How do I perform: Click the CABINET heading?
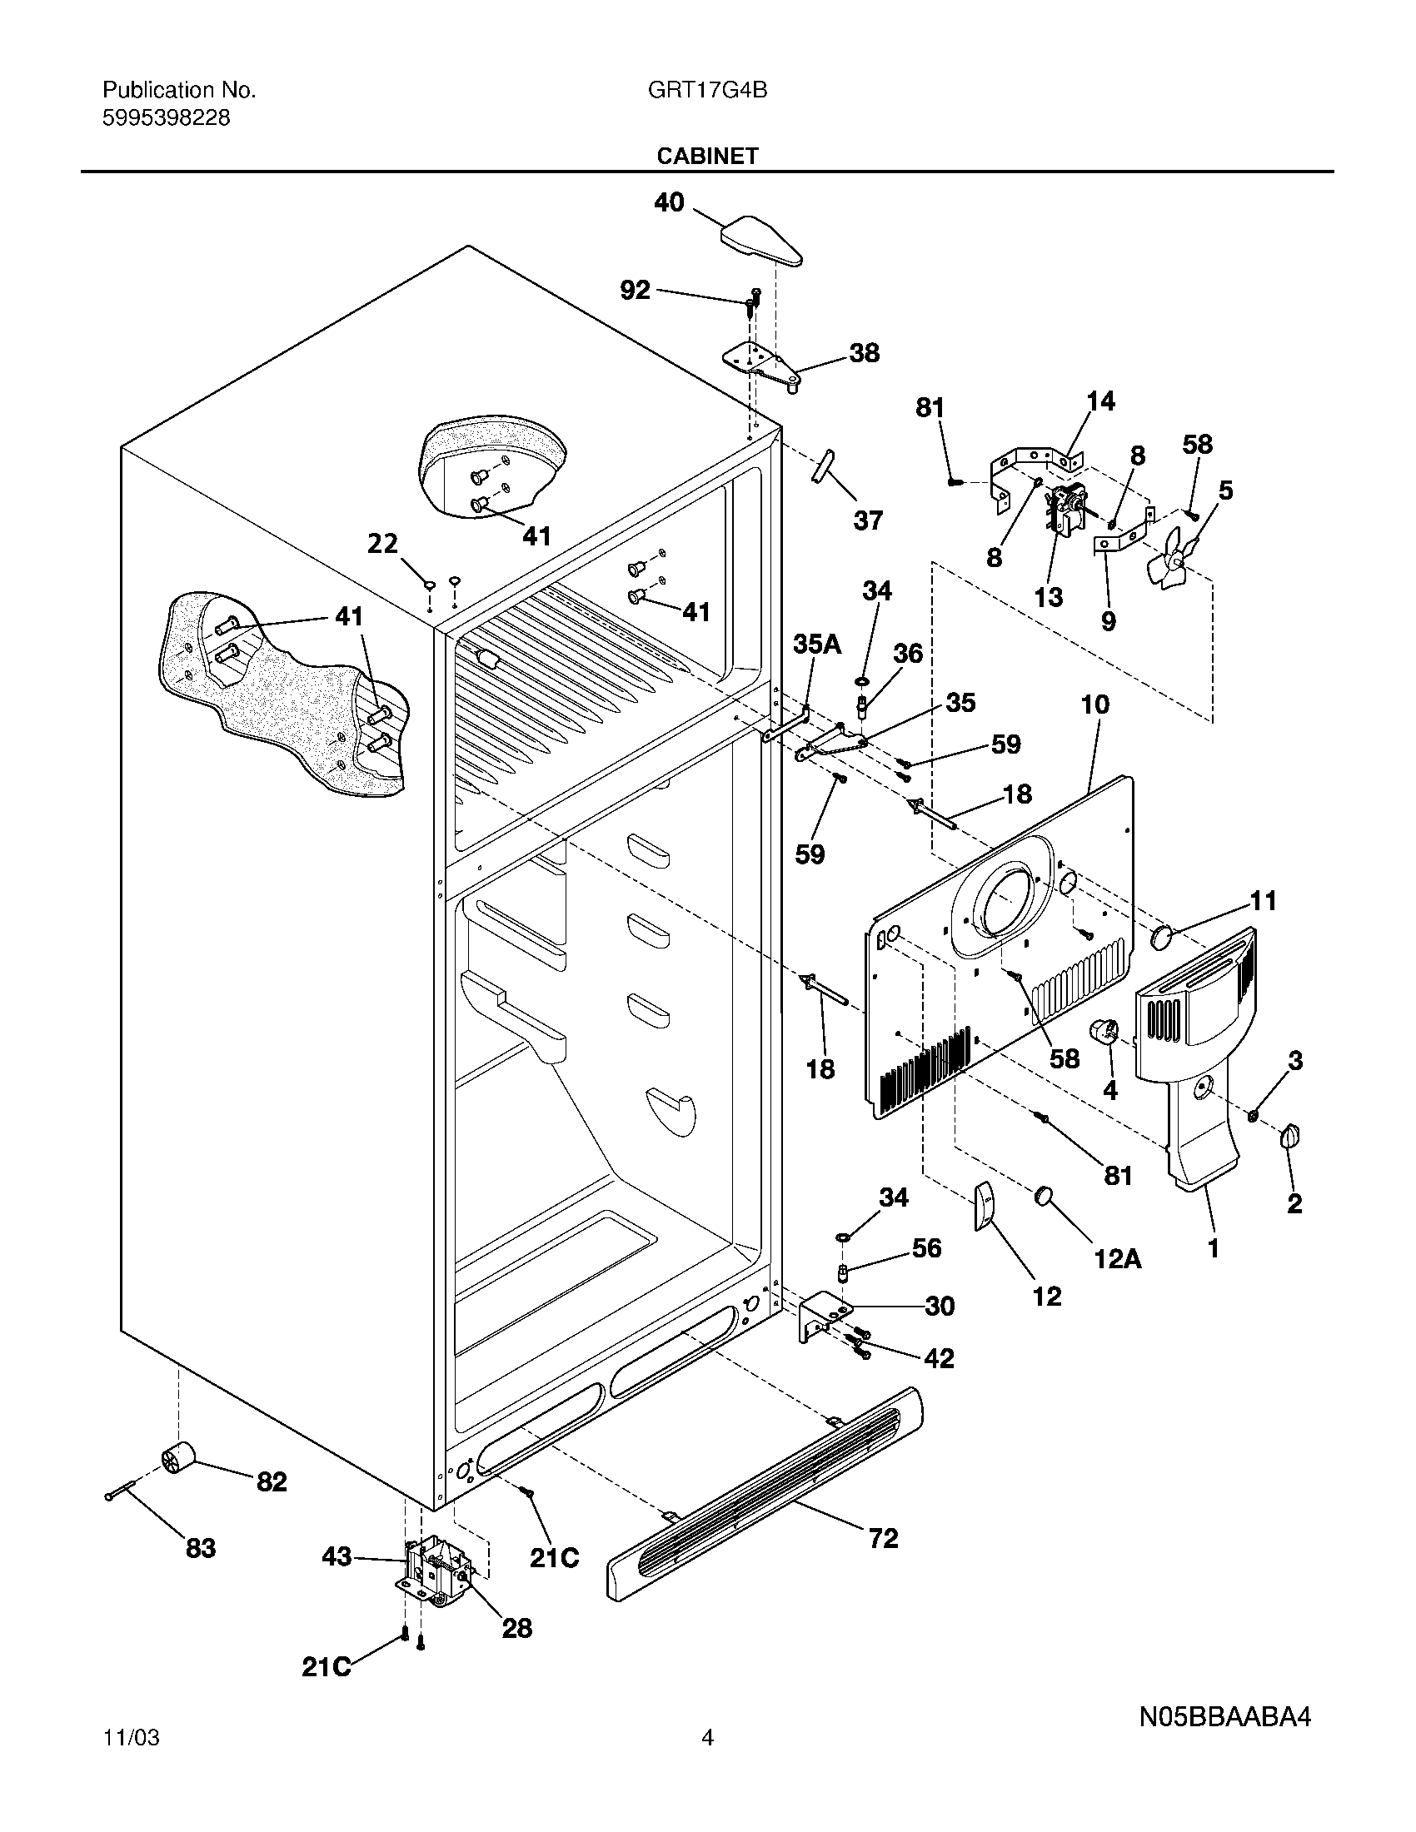pos(707,156)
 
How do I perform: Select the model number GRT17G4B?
pos(707,90)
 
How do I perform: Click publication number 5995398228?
pos(166,118)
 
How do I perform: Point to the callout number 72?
pos(883,1538)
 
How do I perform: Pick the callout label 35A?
pos(816,645)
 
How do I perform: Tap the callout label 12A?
pos(1117,1257)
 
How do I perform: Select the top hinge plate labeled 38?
pos(761,363)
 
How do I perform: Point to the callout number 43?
pos(337,1558)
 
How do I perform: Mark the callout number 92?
pos(635,291)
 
